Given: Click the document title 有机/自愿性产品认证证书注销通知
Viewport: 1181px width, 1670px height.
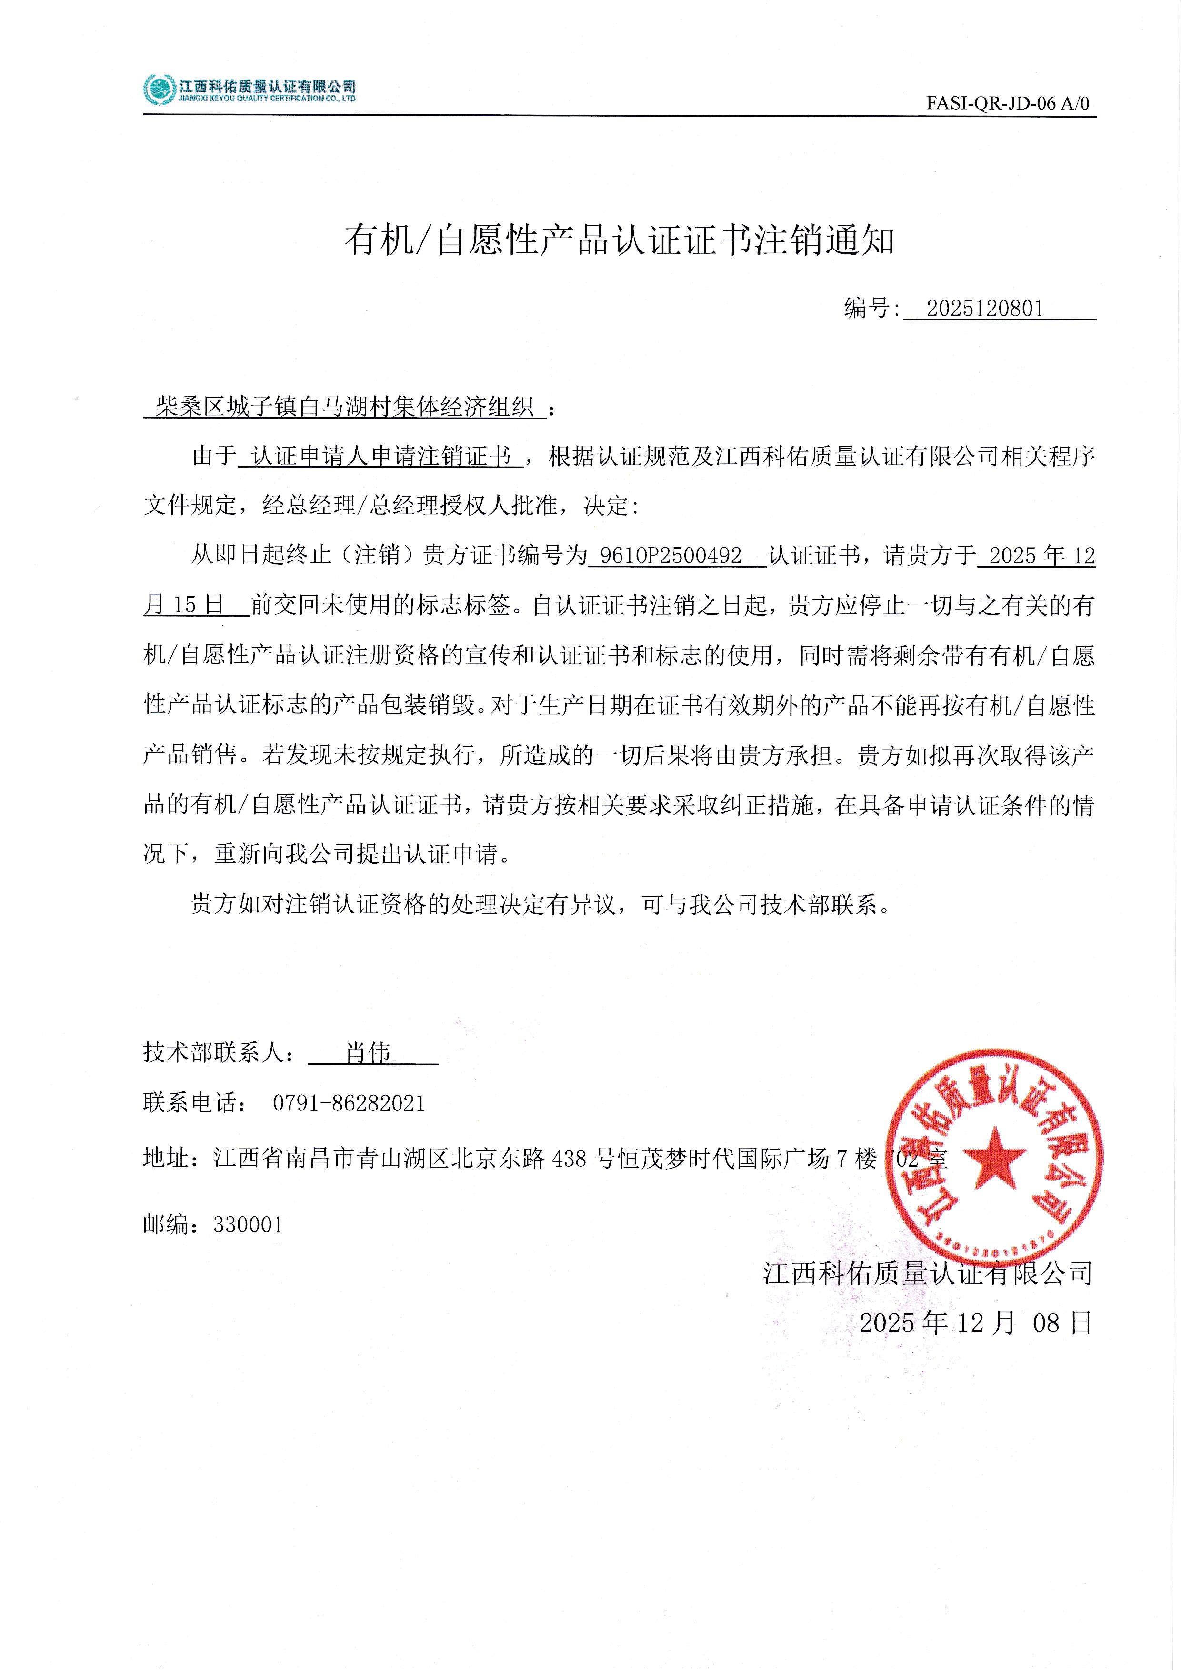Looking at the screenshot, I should (619, 240).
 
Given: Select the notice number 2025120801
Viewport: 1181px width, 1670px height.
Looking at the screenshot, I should (985, 309).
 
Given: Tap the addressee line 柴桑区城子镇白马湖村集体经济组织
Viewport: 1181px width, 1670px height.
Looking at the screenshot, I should (345, 407).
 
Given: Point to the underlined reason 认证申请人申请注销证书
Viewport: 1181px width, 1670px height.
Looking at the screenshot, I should (381, 456).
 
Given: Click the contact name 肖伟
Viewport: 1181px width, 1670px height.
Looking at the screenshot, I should (368, 1052).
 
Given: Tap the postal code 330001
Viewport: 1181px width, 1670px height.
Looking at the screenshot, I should (248, 1225).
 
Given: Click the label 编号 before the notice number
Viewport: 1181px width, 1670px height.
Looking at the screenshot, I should (866, 309).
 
